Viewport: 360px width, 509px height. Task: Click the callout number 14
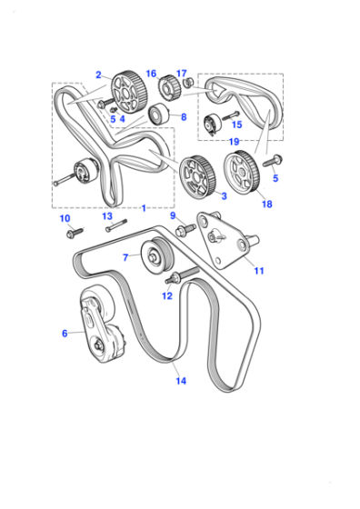point(181,381)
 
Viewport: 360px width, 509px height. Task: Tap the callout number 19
point(234,142)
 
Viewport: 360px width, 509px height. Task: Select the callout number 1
point(144,208)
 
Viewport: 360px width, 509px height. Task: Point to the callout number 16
point(151,74)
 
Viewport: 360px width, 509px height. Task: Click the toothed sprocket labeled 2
point(129,92)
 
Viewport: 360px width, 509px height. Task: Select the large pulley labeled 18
point(241,172)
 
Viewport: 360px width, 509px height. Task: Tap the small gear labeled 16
point(169,87)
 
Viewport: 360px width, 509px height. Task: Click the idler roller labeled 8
point(159,114)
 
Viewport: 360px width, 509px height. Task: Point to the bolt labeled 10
point(75,233)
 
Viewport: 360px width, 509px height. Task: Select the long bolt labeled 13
point(115,225)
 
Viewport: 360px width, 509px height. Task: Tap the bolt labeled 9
point(185,230)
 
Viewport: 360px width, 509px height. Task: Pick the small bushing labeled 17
point(188,83)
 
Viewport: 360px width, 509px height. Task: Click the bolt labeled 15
point(231,116)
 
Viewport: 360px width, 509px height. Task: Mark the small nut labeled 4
point(114,109)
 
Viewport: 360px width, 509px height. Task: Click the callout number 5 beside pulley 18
point(275,178)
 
